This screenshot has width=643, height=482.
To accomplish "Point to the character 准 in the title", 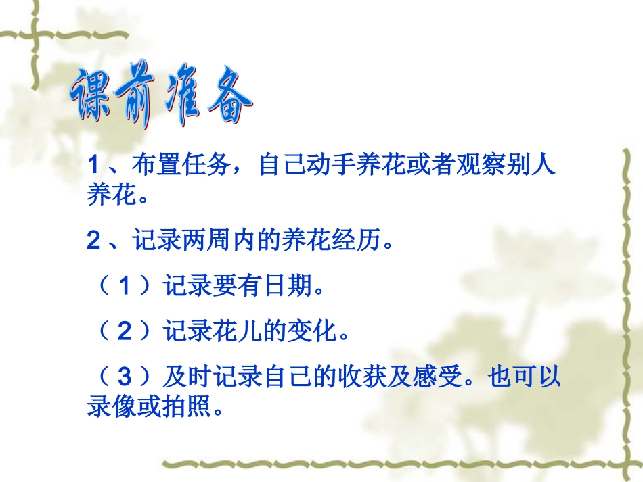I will click(x=185, y=101).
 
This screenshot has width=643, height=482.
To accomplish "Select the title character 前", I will click(x=139, y=99).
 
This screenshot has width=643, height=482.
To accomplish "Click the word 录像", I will click(x=110, y=408).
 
